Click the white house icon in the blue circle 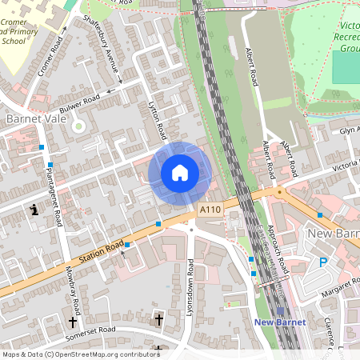point(180,173)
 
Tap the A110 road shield point(209,210)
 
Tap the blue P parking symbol point(324,262)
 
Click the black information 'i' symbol point(34,210)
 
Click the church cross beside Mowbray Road point(73,322)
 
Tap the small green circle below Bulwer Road point(78,126)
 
